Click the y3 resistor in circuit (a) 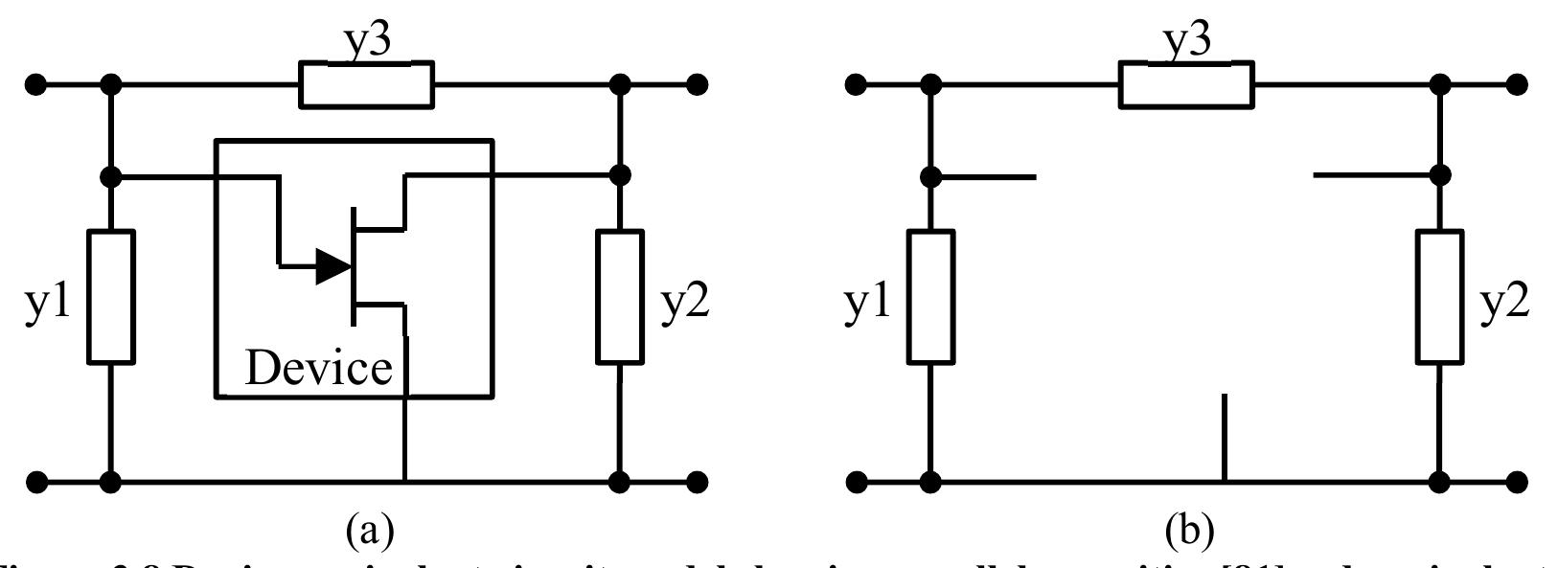coord(366,84)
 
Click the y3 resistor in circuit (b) coord(1185,84)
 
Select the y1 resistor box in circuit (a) coord(111,297)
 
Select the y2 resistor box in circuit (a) coord(620,297)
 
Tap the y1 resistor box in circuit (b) coord(930,297)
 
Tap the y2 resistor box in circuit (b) coord(1440,297)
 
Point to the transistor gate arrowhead coord(332,268)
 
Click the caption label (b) coord(1189,528)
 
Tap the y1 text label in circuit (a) coord(48,305)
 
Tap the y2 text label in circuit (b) coord(1503,305)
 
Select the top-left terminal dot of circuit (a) coord(35,84)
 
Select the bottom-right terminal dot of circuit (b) coord(1517,480)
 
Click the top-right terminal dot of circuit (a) coord(698,84)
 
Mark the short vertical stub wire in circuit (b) coord(1225,436)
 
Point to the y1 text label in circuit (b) coord(867,305)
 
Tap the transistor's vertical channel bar coord(353,265)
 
